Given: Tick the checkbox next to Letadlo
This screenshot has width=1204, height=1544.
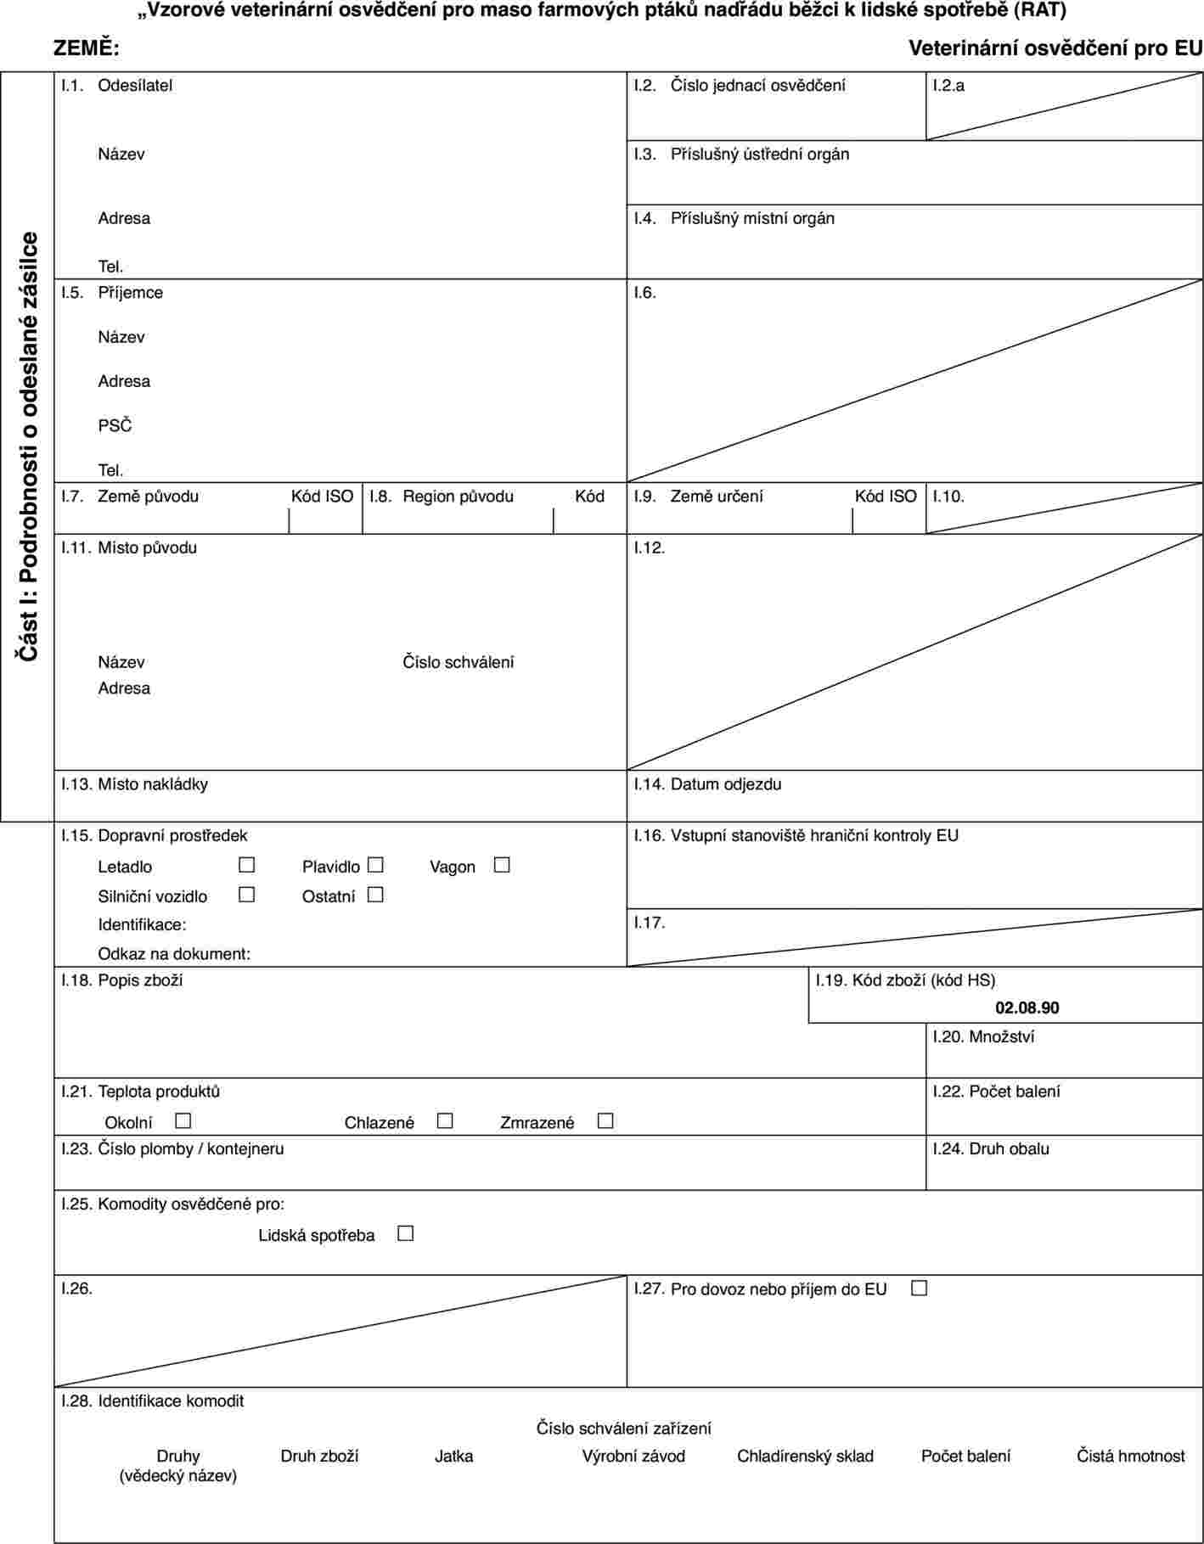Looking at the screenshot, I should tap(247, 866).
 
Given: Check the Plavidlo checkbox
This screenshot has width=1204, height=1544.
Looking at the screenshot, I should tap(376, 866).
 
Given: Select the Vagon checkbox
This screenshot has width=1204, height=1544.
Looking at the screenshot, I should tap(502, 866).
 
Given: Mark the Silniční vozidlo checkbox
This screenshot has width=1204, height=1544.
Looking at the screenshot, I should tap(247, 895).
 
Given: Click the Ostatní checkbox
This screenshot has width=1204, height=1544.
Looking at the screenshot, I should tap(376, 895).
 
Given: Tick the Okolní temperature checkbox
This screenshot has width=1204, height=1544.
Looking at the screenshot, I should tap(183, 1121).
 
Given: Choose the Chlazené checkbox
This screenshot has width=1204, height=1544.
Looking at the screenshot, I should tap(445, 1121).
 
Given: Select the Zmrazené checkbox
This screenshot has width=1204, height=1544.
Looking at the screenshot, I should tap(605, 1121).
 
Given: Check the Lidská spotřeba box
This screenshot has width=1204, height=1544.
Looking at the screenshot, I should tap(405, 1233).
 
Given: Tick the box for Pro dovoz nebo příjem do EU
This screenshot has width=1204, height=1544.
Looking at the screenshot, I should tap(919, 1288).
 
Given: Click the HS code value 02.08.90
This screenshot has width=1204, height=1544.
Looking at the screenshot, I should tap(1027, 1008).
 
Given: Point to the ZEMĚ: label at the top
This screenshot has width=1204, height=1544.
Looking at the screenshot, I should tap(87, 49).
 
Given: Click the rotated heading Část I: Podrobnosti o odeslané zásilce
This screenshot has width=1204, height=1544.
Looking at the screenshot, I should tap(29, 446).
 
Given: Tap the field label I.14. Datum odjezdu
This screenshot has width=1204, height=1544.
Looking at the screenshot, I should tap(708, 784).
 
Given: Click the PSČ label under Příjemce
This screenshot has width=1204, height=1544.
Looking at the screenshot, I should tap(115, 425).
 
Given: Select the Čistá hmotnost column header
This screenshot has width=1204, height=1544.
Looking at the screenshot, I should tap(1130, 1456).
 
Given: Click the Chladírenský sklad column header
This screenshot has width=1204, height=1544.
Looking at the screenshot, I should tap(805, 1456).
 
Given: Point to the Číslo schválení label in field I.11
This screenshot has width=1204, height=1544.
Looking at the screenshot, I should tap(458, 662).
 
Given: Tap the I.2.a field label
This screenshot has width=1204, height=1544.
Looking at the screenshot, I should tap(948, 86).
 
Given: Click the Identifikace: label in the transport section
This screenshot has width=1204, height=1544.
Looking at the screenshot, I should tap(142, 924).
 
